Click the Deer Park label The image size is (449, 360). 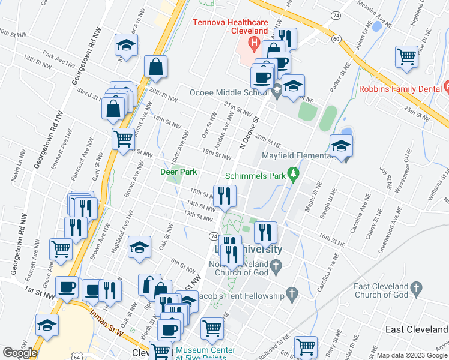[x=179, y=172]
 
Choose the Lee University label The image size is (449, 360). [x=255, y=249]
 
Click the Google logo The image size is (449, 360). [x=20, y=353]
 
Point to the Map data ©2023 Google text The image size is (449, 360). [x=412, y=355]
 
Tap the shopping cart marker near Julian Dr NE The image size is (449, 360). [x=406, y=57]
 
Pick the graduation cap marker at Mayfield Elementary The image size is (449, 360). [x=340, y=146]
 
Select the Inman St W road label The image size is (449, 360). [x=107, y=321]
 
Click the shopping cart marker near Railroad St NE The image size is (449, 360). [x=306, y=346]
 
